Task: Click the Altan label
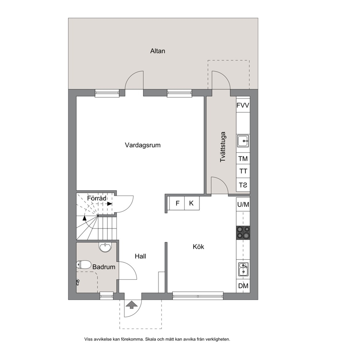(157, 51)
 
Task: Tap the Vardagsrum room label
(143, 145)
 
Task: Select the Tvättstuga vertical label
(223, 147)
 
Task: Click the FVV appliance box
(243, 105)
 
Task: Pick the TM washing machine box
(243, 159)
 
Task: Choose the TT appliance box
(243, 171)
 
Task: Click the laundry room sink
(243, 141)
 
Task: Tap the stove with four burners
(243, 233)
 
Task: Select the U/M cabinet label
(243, 204)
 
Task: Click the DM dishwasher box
(243, 286)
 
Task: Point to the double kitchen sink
(243, 269)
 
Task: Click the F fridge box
(177, 203)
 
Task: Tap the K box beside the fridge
(192, 203)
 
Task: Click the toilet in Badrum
(84, 265)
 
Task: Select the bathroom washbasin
(105, 247)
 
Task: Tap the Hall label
(140, 256)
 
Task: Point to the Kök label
(199, 247)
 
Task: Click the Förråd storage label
(97, 199)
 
